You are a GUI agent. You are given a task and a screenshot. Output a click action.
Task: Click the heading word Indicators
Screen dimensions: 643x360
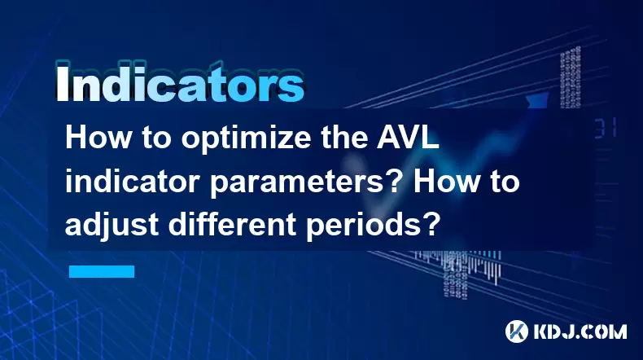pos(180,83)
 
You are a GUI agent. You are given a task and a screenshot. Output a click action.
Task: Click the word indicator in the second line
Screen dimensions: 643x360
pos(134,182)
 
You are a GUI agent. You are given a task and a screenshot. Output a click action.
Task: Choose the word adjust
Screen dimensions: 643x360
pos(112,226)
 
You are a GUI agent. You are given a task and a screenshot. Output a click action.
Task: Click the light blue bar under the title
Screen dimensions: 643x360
pos(102,271)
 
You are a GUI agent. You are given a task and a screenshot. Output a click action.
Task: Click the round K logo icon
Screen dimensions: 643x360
pos(517,331)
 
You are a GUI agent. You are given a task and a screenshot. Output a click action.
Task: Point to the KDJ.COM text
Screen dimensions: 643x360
pos(580,331)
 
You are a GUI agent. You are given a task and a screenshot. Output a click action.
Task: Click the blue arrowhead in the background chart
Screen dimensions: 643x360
pos(536,101)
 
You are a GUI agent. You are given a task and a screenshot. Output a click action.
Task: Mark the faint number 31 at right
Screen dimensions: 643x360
pos(606,128)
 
